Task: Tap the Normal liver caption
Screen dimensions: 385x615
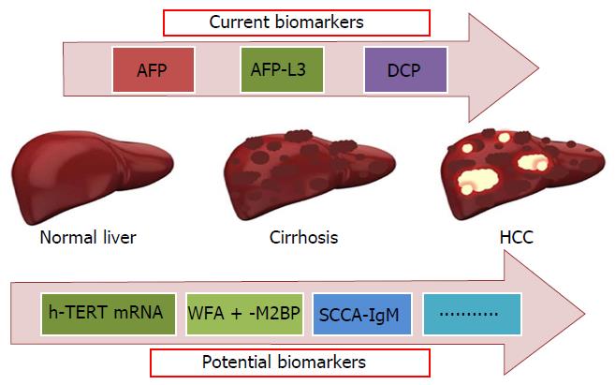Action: point(88,237)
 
